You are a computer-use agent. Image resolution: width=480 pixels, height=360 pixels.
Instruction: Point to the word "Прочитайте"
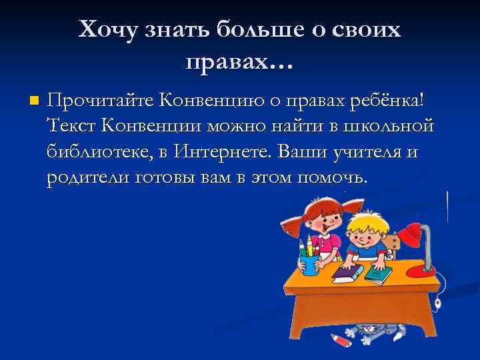pyautogui.click(x=99, y=101)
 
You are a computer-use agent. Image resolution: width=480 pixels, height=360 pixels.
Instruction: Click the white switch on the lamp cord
pyautogui.click(x=439, y=303)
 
